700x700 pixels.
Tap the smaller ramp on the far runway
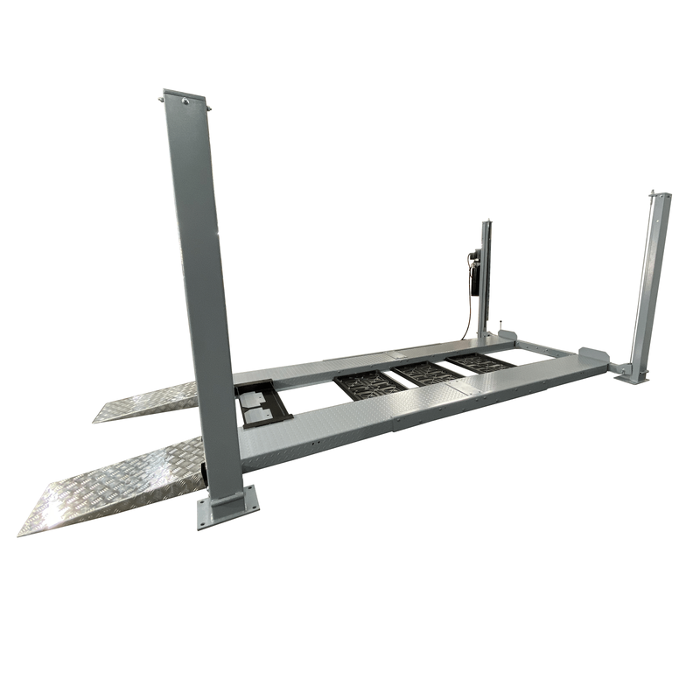click(x=144, y=401)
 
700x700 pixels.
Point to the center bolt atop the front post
click(x=185, y=102)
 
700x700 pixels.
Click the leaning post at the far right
click(x=650, y=280)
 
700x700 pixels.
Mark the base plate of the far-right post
click(x=632, y=375)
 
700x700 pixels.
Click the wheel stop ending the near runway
click(x=592, y=358)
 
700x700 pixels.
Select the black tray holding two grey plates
click(x=260, y=404)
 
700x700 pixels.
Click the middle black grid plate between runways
click(x=427, y=373)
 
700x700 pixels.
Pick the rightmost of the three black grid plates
click(x=479, y=361)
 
